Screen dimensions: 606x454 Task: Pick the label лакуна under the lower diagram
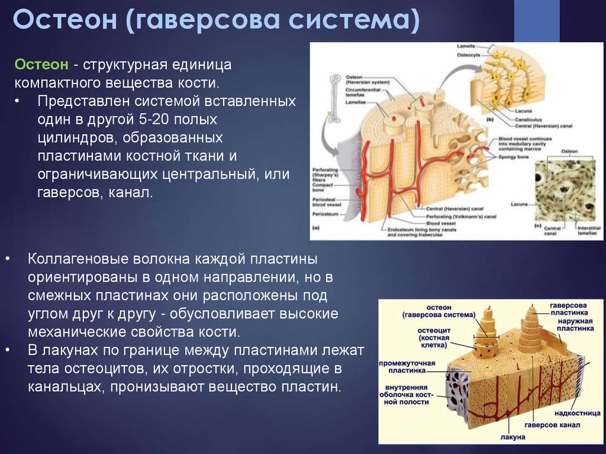(512, 437)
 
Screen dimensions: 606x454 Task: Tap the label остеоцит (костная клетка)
(435, 336)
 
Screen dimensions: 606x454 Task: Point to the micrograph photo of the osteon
(565, 189)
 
